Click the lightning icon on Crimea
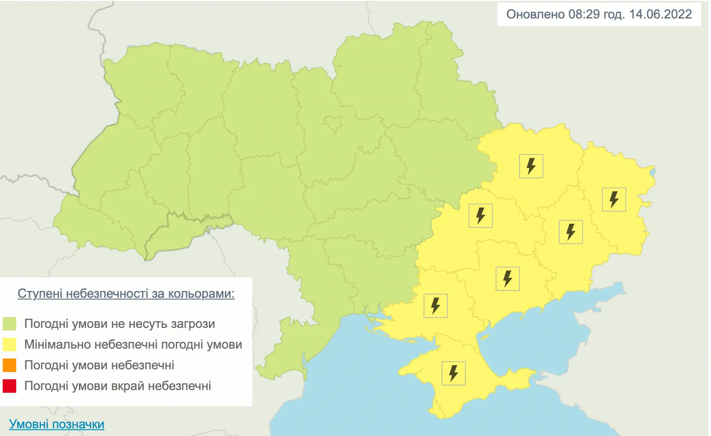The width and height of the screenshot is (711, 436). [x=453, y=373]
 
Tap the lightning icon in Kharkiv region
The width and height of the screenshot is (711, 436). [x=531, y=166]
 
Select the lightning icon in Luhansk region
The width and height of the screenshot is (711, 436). [x=614, y=200]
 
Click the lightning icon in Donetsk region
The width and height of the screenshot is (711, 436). [x=571, y=232]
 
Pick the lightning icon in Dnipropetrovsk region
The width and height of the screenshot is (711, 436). [x=481, y=215]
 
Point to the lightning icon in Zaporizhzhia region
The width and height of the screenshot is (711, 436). [x=508, y=278]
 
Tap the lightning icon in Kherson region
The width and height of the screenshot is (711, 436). [x=436, y=306]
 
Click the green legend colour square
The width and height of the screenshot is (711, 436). [x=9, y=324]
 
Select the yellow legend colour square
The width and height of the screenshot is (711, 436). [x=9, y=345]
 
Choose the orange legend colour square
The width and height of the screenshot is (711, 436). [x=9, y=365]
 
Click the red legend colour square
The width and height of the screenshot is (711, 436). [x=9, y=386]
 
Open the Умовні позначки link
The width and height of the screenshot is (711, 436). [x=57, y=424]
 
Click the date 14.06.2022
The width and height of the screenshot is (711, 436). [x=660, y=14]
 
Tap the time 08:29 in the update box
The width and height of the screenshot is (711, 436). [x=583, y=14]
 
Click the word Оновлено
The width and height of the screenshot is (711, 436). [x=535, y=14]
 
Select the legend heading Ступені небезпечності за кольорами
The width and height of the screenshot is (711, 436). [x=126, y=294]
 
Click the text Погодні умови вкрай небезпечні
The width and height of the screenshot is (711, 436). [x=118, y=386]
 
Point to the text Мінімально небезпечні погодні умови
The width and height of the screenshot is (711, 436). [x=133, y=345]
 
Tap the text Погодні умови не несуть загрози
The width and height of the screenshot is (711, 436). [x=119, y=324]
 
